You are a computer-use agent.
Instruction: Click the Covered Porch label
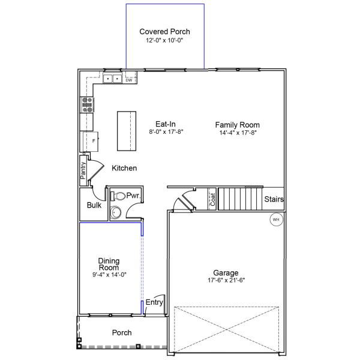164,31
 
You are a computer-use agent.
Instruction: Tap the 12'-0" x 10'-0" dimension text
164,40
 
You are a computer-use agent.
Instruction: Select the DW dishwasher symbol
129,80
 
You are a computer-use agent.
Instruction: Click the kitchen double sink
112,79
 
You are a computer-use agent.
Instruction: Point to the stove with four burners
88,105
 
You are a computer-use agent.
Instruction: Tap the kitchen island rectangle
125,131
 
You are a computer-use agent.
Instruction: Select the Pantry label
83,169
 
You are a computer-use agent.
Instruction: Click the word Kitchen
124,169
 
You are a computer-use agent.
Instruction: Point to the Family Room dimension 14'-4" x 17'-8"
238,133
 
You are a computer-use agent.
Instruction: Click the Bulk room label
94,205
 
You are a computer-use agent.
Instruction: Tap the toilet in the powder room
118,196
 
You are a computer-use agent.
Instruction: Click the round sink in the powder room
116,212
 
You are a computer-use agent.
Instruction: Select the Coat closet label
212,199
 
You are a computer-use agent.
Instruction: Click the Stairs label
274,199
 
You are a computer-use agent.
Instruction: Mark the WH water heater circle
276,220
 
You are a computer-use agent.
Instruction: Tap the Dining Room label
109,265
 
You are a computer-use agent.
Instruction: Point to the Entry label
154,302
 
